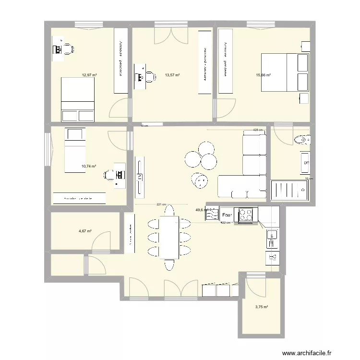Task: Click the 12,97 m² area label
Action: [x=89, y=75]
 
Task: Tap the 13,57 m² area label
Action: [x=172, y=75]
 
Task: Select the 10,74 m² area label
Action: [x=89, y=167]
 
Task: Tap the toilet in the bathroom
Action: [x=302, y=140]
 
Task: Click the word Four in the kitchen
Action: [x=227, y=215]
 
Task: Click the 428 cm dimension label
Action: [x=258, y=130]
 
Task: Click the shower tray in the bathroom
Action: [x=290, y=190]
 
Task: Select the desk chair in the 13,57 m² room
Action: [x=150, y=76]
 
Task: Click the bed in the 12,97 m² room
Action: [x=77, y=99]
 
